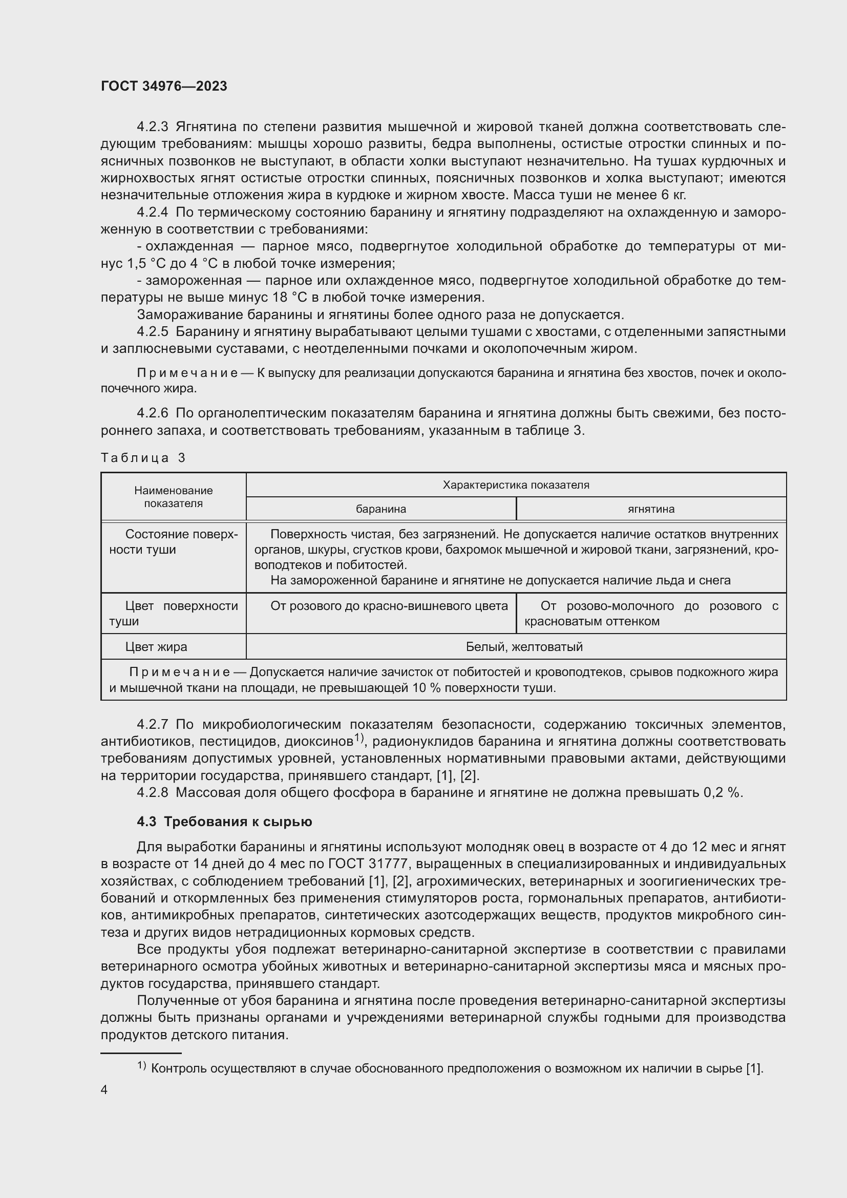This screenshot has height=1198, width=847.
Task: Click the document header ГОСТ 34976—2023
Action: pyautogui.click(x=164, y=86)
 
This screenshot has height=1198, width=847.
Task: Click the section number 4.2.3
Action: pyautogui.click(x=152, y=127)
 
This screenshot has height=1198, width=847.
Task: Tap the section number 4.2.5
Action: pyautogui.click(x=152, y=332)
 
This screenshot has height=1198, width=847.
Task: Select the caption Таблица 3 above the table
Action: pyautogui.click(x=143, y=458)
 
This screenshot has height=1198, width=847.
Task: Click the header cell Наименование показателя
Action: pyautogui.click(x=173, y=497)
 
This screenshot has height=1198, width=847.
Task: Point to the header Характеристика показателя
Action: pyautogui.click(x=515, y=485)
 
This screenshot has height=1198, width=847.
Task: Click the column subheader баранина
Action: pyautogui.click(x=380, y=509)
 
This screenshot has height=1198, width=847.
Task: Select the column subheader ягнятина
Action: pyautogui.click(x=650, y=509)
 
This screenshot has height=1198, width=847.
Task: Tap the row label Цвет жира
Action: pyautogui.click(x=156, y=647)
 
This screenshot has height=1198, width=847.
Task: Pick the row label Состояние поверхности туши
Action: pyautogui.click(x=173, y=541)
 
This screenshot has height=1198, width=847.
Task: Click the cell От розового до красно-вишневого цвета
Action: pyautogui.click(x=389, y=606)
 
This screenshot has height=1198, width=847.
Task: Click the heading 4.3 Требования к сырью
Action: pyautogui.click(x=224, y=822)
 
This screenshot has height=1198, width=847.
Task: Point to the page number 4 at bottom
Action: pyautogui.click(x=104, y=1090)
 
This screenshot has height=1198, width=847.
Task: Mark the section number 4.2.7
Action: pyautogui.click(x=152, y=724)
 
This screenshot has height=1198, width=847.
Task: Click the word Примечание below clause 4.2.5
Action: pyautogui.click(x=187, y=373)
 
